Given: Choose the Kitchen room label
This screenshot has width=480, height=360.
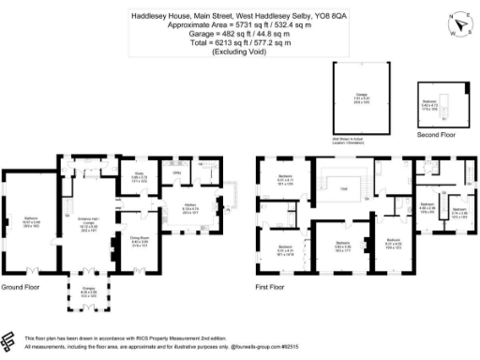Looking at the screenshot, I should point(190,209).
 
